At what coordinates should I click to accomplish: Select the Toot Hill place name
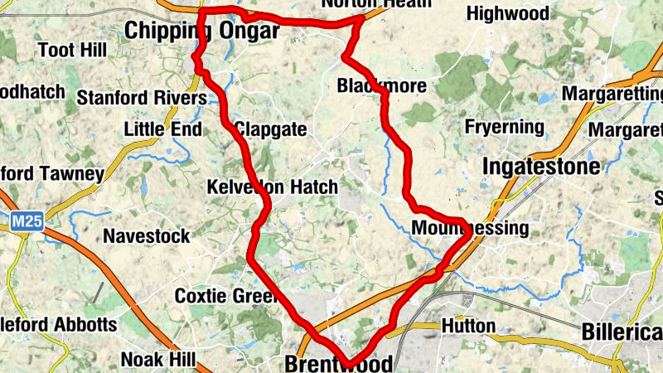[73, 51]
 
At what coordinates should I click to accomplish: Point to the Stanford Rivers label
[141, 99]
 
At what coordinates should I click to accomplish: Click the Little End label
[162, 129]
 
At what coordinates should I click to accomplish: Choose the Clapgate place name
[271, 130]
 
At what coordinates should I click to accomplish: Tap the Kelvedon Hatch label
[273, 187]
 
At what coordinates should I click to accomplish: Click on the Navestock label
[146, 236]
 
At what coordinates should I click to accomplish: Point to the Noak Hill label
[158, 359]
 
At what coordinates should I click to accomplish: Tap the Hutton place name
[468, 326]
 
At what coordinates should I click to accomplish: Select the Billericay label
[622, 332]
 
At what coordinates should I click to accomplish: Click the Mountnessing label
[469, 228]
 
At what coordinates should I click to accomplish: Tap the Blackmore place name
[382, 86]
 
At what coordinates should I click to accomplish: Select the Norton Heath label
[376, 4]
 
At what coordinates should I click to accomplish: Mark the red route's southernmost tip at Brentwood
[349, 363]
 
